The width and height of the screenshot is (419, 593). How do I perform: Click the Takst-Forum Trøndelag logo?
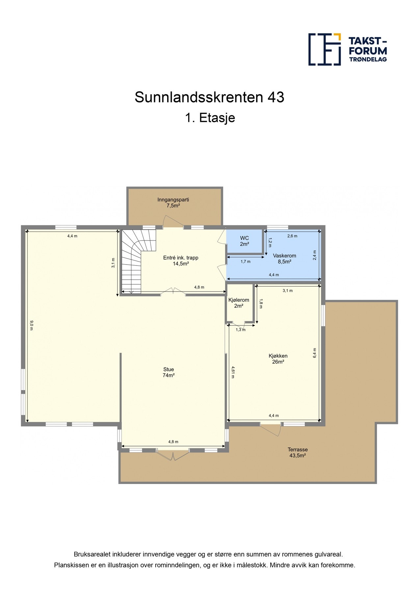[347, 49]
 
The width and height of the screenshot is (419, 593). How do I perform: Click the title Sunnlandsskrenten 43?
[209, 97]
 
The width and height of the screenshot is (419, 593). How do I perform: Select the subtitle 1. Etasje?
[210, 118]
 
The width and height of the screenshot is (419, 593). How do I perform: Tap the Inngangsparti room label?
[173, 203]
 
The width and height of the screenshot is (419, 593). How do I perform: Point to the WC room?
[244, 241]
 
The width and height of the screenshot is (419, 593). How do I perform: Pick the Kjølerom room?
[239, 303]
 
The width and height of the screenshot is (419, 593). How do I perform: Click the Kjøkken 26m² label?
[278, 359]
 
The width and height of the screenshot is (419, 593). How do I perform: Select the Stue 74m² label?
[169, 372]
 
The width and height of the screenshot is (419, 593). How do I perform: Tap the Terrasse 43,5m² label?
[298, 452]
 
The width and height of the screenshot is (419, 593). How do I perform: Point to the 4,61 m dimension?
[233, 372]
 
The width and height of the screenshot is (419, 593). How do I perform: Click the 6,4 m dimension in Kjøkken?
[315, 353]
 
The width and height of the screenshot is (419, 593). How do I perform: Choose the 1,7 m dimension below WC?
[246, 262]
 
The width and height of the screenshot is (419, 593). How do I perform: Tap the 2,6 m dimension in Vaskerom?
[292, 236]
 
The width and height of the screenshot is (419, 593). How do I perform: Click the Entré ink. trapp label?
[181, 261]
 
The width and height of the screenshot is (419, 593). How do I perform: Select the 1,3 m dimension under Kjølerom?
[241, 330]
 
